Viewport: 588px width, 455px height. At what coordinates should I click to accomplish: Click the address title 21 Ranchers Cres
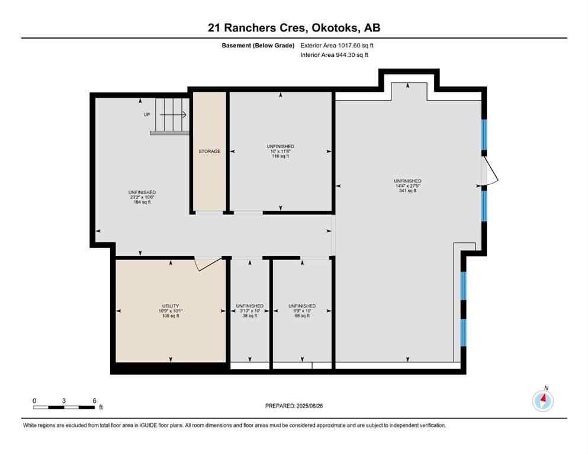pos(294,27)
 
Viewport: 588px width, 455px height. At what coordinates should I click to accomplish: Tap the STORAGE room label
pos(209,152)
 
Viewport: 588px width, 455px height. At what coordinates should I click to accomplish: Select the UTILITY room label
pos(171,306)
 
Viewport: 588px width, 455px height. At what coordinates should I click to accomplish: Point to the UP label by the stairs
pos(147,114)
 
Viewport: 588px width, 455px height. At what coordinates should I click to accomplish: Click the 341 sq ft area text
pos(408,191)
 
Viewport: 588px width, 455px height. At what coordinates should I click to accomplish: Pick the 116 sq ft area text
pos(280,156)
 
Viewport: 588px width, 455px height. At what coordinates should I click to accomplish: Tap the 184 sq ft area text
pos(142,203)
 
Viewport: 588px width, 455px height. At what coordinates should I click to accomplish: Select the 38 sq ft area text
pos(249,316)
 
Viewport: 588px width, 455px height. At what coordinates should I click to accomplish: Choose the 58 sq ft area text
pos(301,316)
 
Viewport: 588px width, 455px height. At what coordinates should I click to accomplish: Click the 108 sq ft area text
pos(171,316)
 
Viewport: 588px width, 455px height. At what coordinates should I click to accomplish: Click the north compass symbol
pos(543,400)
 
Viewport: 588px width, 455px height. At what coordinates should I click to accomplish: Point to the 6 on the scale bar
pos(94,400)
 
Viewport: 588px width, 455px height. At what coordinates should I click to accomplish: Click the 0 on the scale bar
pos(34,400)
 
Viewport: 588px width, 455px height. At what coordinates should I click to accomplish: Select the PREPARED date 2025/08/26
pos(294,406)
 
